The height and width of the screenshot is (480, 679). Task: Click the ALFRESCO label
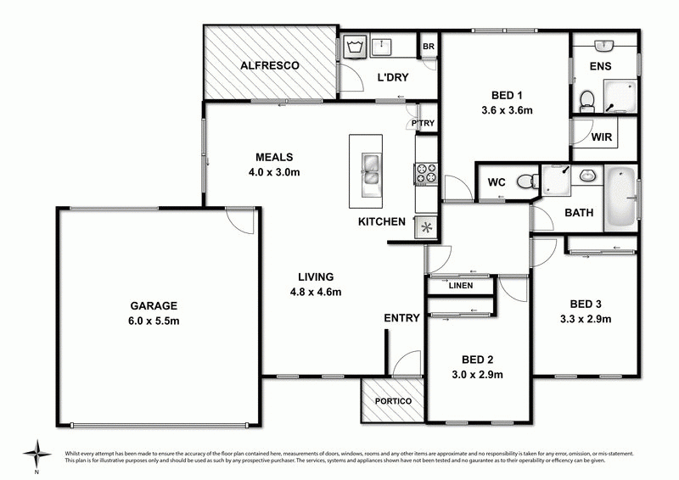click(x=269, y=66)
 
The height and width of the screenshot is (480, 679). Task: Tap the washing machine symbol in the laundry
click(x=355, y=47)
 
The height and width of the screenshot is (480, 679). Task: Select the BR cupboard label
click(x=429, y=47)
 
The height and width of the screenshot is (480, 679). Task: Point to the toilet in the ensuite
click(x=586, y=101)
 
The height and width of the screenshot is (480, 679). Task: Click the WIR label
click(x=602, y=137)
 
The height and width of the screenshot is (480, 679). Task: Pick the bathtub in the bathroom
click(x=620, y=198)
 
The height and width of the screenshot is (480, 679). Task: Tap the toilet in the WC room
click(x=528, y=181)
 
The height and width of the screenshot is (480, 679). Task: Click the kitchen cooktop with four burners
click(x=426, y=173)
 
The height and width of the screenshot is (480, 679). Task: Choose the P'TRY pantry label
click(x=423, y=123)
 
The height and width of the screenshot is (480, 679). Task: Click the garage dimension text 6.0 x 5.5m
click(x=154, y=321)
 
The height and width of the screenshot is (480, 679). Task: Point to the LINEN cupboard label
click(x=461, y=286)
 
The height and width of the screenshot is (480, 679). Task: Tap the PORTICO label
click(x=393, y=401)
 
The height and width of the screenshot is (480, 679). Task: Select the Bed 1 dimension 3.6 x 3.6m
click(x=507, y=110)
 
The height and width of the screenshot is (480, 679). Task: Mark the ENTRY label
click(x=401, y=318)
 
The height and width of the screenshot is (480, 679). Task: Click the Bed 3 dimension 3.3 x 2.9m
click(x=586, y=320)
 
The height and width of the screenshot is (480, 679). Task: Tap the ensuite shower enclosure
click(x=620, y=97)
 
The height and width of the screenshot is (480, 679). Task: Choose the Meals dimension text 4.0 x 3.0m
click(x=274, y=172)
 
